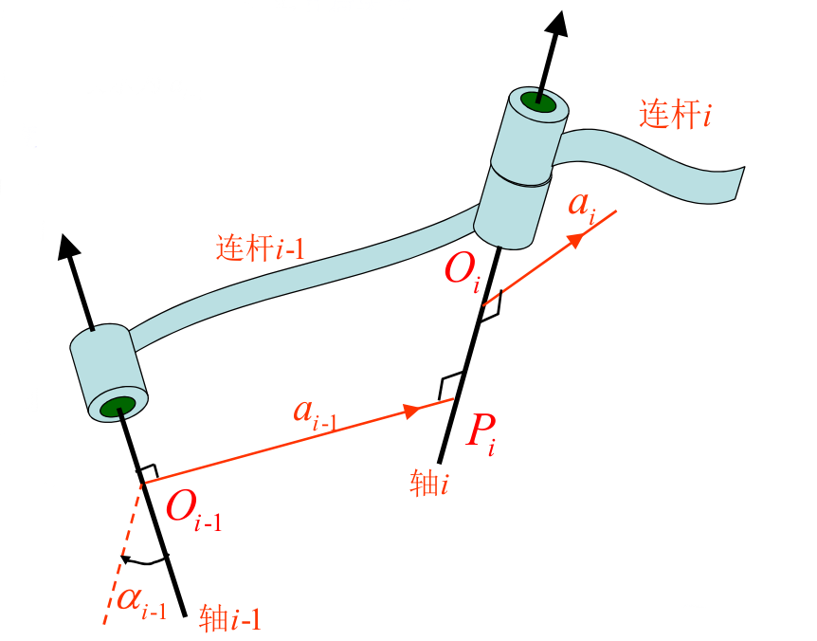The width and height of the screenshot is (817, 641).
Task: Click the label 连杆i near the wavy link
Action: [675, 116]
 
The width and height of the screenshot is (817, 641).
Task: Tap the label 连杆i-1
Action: [260, 247]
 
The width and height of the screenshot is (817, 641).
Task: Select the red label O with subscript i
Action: [463, 273]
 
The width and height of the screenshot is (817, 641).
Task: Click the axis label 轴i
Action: [428, 485]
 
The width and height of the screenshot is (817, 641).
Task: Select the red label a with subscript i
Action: [582, 207]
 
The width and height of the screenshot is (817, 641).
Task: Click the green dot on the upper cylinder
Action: [538, 99]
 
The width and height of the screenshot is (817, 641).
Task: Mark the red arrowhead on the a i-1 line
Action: [411, 411]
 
